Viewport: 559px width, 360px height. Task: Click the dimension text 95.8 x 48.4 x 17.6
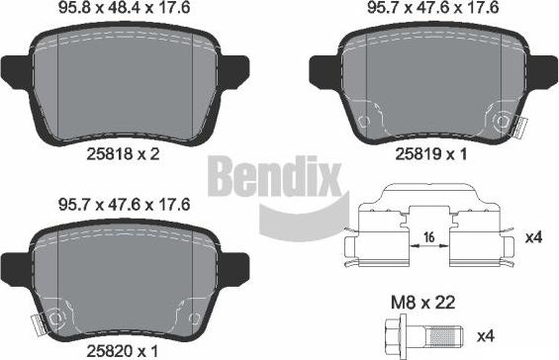124,8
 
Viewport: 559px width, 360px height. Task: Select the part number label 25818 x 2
123,154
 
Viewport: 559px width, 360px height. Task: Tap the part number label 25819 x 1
430,154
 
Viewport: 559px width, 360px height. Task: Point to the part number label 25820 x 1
122,351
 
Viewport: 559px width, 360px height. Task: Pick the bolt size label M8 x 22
423,303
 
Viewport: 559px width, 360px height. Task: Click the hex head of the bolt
397,334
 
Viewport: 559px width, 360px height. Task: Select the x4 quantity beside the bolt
486,335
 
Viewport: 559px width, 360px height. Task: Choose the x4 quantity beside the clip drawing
533,237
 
